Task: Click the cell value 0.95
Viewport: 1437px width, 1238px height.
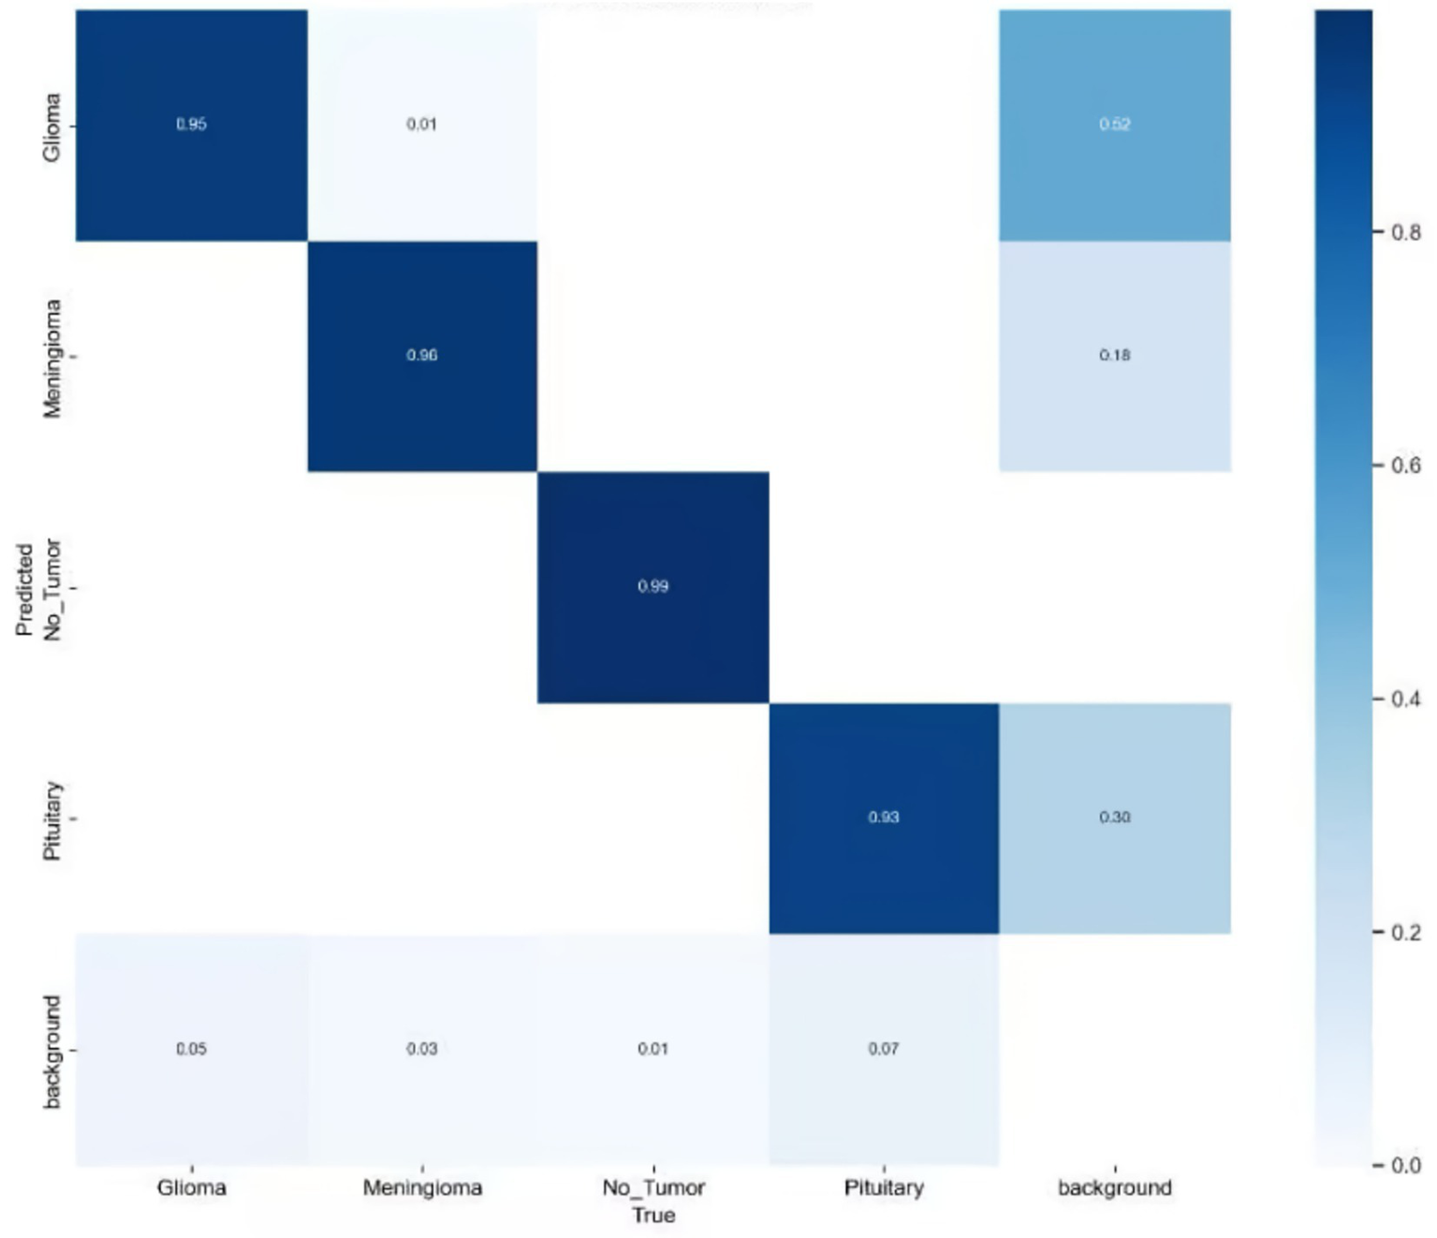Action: pos(191,124)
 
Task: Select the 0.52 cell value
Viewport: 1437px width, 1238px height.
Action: pos(1114,124)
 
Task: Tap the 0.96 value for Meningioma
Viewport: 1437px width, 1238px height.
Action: pos(421,355)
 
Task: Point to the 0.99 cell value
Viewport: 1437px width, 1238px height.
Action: pos(653,586)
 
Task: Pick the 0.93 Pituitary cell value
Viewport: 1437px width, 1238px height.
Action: pos(883,817)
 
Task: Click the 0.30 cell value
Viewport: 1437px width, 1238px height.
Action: pos(1114,817)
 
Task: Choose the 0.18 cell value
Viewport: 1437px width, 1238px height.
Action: pos(1114,355)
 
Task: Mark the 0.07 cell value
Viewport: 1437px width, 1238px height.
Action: pos(883,1048)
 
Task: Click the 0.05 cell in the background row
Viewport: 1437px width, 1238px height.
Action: pos(191,1048)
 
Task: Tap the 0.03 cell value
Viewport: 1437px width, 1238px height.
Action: pos(421,1048)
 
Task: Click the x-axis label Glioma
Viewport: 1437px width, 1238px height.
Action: pos(191,1187)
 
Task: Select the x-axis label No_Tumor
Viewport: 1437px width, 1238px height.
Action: pos(653,1187)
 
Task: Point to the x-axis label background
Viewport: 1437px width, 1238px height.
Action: pos(1114,1187)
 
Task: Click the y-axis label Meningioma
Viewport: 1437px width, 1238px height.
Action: pos(51,358)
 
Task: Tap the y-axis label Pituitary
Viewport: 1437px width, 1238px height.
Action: pos(51,819)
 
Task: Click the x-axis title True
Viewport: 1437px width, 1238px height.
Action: pos(653,1215)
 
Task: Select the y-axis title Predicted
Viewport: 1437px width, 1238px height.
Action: pos(24,589)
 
